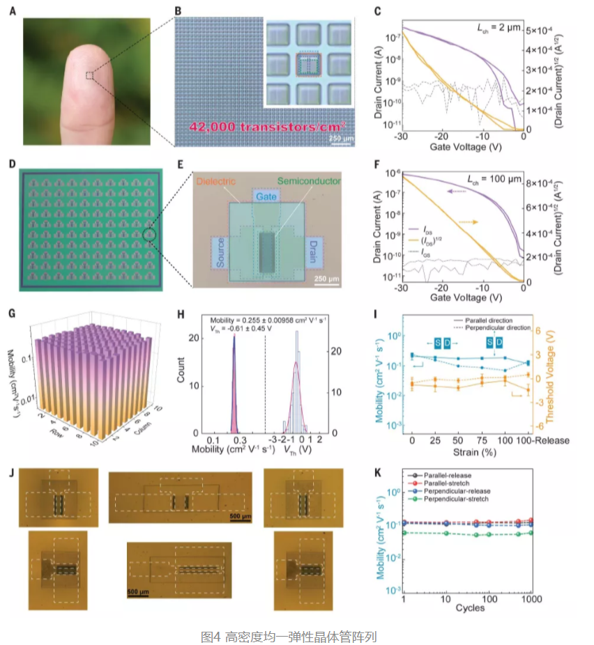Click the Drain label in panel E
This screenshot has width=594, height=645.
click(311, 253)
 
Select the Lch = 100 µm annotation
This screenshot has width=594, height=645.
click(496, 180)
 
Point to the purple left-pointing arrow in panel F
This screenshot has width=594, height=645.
click(457, 190)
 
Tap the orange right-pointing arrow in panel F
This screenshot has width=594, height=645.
click(468, 222)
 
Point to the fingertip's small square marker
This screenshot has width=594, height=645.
click(90, 75)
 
